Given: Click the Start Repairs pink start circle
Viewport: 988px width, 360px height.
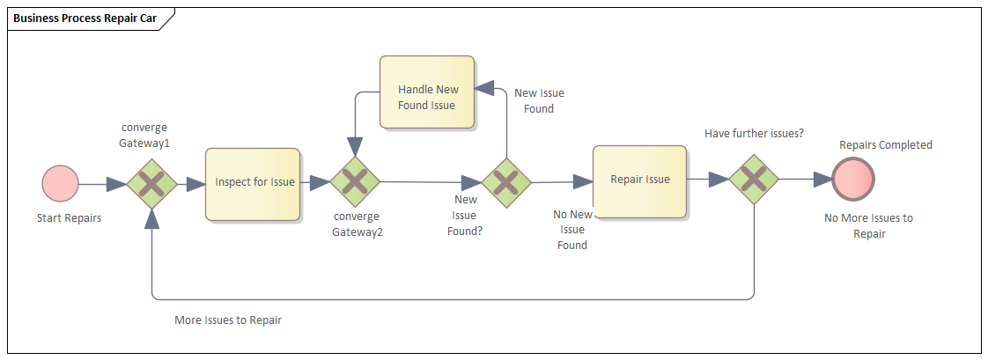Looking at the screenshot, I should click(x=60, y=184).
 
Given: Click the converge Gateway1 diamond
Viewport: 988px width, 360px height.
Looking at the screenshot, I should click(x=152, y=184).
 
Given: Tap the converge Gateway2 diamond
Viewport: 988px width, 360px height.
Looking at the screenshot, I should click(x=355, y=182).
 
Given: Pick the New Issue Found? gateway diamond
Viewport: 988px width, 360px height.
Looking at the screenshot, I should click(x=506, y=183).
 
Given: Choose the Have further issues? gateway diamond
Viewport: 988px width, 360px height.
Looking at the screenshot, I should click(x=755, y=180).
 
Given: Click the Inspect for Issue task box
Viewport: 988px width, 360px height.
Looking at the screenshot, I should click(x=253, y=183).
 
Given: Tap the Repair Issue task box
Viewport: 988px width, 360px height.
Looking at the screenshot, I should click(x=640, y=180).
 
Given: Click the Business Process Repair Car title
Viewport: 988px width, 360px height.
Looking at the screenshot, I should click(x=85, y=18).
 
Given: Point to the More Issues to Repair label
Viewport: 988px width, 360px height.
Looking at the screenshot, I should click(x=228, y=320).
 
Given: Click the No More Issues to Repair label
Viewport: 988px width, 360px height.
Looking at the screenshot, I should click(x=868, y=226).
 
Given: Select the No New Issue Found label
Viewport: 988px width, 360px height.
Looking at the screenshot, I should click(x=572, y=230).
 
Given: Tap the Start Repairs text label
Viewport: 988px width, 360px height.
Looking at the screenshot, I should click(x=69, y=218).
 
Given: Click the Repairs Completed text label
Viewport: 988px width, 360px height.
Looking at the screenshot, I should click(x=885, y=145).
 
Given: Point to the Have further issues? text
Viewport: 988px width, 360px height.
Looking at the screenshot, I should click(x=754, y=133).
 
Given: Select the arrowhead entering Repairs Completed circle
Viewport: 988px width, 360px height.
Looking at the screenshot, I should click(x=822, y=180).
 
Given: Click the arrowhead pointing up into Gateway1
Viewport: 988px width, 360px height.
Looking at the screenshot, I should click(x=152, y=218).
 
